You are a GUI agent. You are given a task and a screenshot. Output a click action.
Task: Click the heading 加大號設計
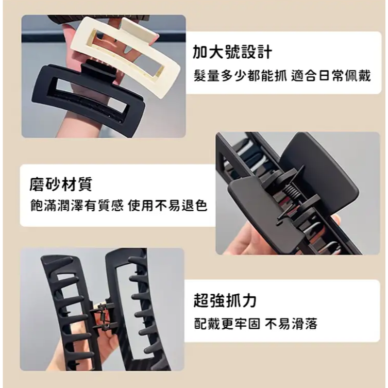(x=232, y=52)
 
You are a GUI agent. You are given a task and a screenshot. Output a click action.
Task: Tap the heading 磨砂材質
(x=61, y=184)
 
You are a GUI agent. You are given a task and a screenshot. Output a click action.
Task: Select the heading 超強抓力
(x=225, y=300)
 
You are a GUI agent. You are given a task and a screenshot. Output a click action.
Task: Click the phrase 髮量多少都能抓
(x=240, y=75)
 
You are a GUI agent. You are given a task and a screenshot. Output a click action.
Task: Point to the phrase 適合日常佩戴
(x=331, y=75)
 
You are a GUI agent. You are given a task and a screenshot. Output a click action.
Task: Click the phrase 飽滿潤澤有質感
(x=77, y=206)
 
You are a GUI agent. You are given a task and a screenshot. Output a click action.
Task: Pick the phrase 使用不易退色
(x=167, y=206)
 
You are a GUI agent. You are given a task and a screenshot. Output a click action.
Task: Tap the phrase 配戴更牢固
(x=227, y=324)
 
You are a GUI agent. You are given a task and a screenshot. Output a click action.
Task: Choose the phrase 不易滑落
(x=291, y=324)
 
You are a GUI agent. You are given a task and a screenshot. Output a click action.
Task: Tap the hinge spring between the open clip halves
(x=103, y=317)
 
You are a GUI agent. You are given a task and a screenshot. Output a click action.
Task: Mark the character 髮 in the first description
(x=200, y=75)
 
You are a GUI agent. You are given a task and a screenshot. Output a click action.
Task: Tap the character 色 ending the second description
(x=201, y=206)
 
